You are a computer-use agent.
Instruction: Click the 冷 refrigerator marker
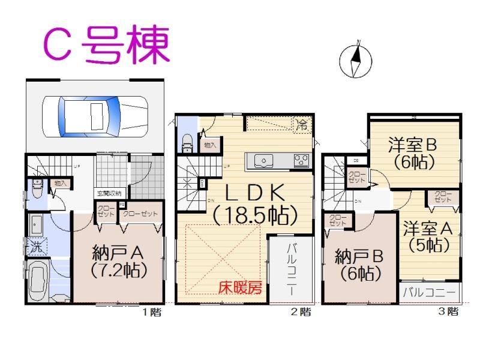(302, 125)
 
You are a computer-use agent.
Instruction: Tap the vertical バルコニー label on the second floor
(290, 268)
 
